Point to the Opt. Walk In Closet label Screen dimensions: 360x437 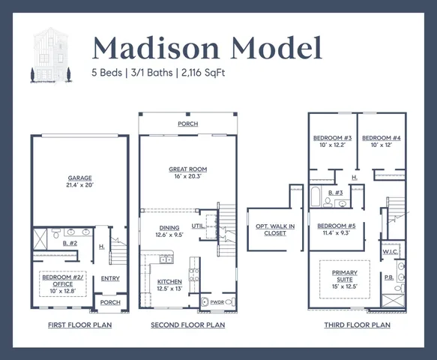275,229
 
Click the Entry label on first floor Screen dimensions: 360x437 109,278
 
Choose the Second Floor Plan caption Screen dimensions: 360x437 187,325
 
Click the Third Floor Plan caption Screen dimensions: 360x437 357,325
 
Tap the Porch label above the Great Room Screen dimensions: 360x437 187,124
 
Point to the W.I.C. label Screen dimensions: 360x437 390,252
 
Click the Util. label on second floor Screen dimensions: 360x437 199,224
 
